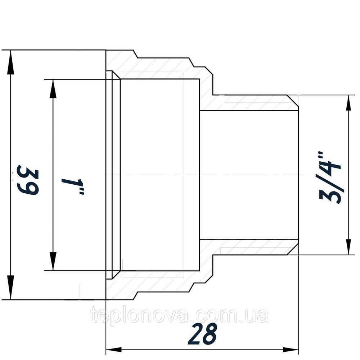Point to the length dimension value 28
[x=203, y=334]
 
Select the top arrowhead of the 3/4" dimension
[x=348, y=104]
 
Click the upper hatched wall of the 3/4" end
[x=252, y=103]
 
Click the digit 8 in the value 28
[x=210, y=334]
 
